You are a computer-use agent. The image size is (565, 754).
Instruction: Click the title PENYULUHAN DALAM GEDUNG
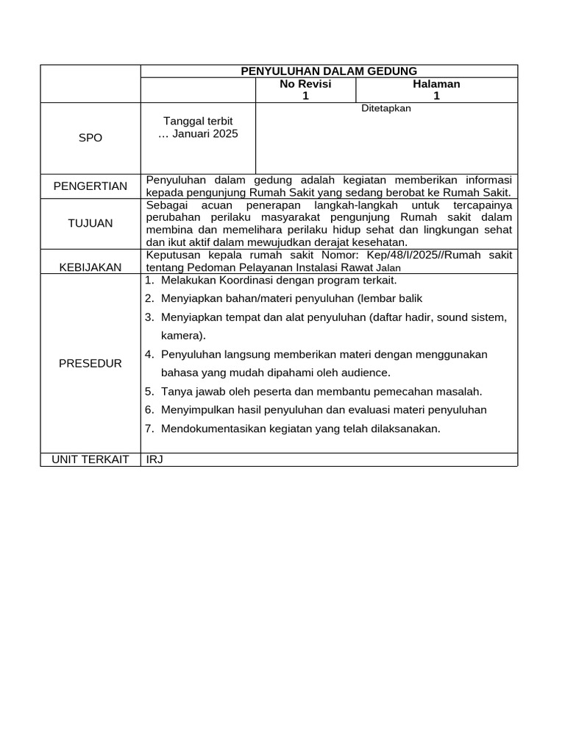[x=329, y=71]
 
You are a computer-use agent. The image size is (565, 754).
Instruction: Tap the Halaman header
[x=436, y=84]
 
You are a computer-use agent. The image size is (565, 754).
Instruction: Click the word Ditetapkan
[x=386, y=108]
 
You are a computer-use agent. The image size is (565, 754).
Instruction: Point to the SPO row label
[x=90, y=138]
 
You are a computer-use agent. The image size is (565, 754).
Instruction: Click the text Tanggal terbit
[x=198, y=121]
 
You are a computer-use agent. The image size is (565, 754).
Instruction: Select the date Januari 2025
[x=205, y=134]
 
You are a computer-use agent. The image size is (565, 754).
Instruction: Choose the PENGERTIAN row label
[x=90, y=186]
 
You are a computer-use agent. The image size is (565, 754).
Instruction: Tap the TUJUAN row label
[x=90, y=223]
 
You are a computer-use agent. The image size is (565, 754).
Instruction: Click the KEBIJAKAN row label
[x=90, y=267]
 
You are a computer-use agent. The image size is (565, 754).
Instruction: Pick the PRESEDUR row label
[x=90, y=364]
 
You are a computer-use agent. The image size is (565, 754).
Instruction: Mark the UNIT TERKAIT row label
[x=90, y=459]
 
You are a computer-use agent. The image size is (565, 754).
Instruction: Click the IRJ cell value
[x=154, y=459]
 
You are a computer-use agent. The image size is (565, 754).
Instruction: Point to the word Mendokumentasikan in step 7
[x=209, y=429]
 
